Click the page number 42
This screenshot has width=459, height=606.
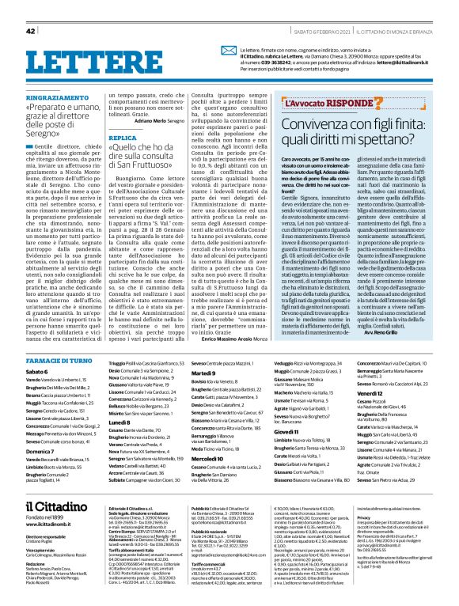[x=31, y=31]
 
